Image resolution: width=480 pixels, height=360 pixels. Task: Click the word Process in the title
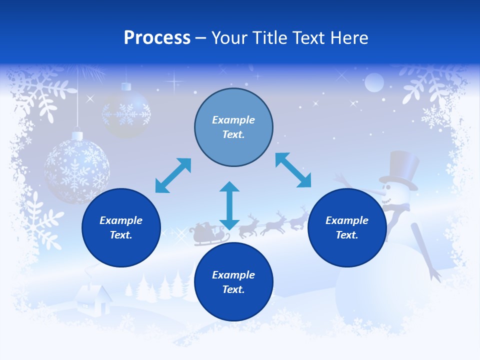click(x=157, y=38)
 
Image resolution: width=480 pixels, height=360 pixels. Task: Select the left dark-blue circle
click(x=121, y=227)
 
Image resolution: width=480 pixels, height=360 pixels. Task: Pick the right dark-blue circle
click(x=347, y=227)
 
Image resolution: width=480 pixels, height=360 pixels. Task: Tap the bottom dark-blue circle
click(x=233, y=282)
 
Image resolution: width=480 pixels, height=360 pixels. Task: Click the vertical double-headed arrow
click(x=229, y=205)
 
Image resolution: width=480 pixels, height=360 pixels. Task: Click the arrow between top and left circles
click(x=173, y=175)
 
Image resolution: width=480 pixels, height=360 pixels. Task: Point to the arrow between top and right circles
click(x=293, y=170)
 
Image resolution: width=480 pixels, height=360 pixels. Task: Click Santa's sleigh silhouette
click(x=205, y=234)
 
